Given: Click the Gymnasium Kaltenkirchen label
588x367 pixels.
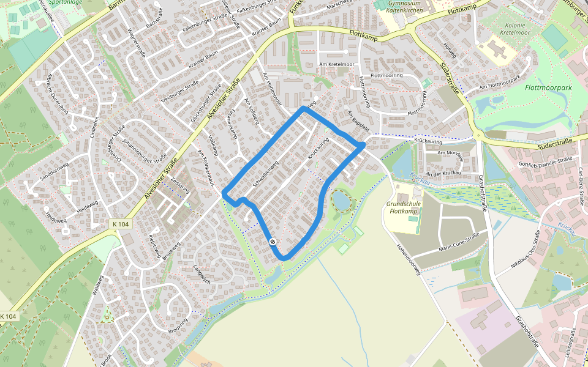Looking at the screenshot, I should pyautogui.click(x=404, y=7).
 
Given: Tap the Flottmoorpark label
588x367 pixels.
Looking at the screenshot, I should pyautogui.click(x=548, y=87).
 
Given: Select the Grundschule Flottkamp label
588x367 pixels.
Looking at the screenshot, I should pyautogui.click(x=402, y=207).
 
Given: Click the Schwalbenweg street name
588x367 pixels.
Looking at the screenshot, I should pyautogui.click(x=266, y=177).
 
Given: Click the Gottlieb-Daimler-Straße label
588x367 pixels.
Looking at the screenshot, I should pyautogui.click(x=545, y=163).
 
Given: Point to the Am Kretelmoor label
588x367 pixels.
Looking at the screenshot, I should pyautogui.click(x=336, y=64).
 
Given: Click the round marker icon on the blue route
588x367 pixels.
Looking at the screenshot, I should pyautogui.click(x=273, y=242).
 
